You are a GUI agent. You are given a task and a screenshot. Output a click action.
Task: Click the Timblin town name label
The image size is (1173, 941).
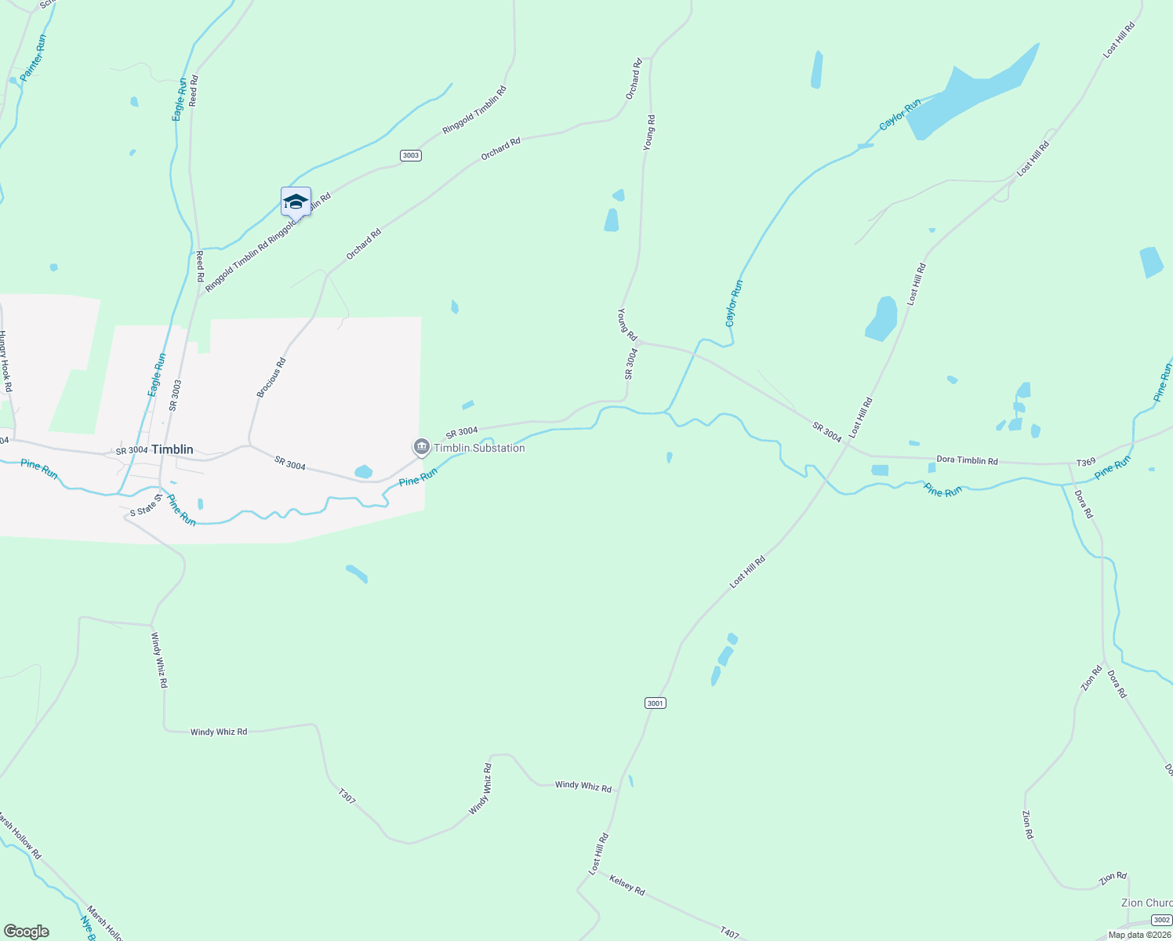point(172,449)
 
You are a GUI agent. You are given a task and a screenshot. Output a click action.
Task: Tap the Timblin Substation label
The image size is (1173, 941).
point(479,448)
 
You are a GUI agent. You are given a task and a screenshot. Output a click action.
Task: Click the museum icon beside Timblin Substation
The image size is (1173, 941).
point(422,448)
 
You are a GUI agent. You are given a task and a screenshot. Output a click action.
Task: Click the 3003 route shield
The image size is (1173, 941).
point(411,155)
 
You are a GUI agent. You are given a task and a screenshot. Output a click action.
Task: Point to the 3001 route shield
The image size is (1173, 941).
point(655,703)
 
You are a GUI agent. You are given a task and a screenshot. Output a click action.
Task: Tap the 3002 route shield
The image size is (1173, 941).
point(1163,920)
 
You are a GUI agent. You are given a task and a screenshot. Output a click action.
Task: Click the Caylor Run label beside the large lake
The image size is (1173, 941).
point(899,114)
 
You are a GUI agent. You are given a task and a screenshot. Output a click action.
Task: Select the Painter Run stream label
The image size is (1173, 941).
point(34,58)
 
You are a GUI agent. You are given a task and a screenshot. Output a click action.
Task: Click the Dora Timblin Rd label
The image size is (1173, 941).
point(967,460)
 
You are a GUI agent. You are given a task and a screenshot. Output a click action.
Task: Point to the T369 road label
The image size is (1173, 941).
point(1085,463)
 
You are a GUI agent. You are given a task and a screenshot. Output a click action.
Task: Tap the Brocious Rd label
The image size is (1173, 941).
point(271,377)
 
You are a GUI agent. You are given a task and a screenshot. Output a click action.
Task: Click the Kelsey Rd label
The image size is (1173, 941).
point(626,885)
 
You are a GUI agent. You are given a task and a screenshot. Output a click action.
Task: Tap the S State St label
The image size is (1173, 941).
point(145,507)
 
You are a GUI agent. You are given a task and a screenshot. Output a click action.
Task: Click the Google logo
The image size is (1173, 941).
point(26,932)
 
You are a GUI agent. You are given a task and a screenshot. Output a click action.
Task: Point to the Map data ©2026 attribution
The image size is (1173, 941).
point(1139,935)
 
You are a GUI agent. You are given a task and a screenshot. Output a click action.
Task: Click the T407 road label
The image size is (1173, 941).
point(729,932)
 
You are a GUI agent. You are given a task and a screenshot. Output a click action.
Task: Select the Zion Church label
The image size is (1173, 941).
point(1146,903)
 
